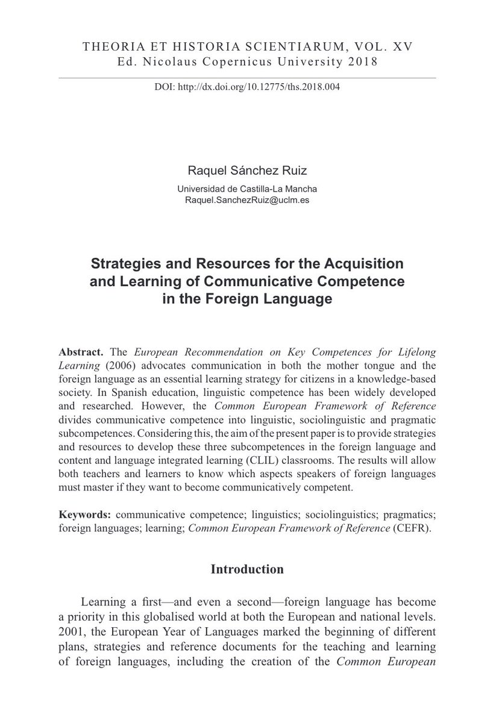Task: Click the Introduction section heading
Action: coord(247,569)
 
